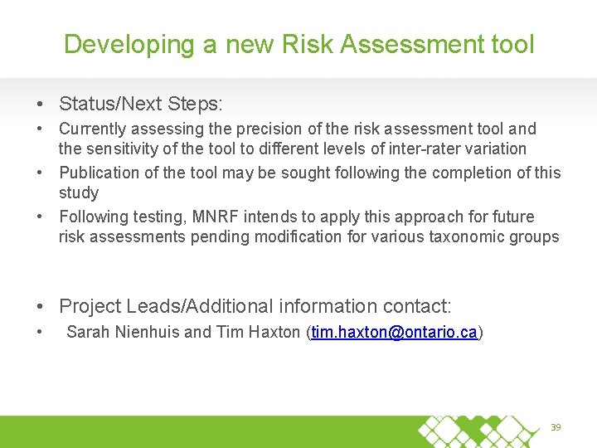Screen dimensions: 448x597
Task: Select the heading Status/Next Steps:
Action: point(141,104)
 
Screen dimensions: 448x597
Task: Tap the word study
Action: point(79,193)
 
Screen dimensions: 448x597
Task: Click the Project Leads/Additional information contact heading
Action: point(255,306)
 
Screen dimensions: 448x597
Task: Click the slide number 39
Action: point(556,427)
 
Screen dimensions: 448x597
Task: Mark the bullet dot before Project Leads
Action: point(41,307)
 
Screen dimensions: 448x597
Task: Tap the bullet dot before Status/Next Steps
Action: point(41,105)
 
